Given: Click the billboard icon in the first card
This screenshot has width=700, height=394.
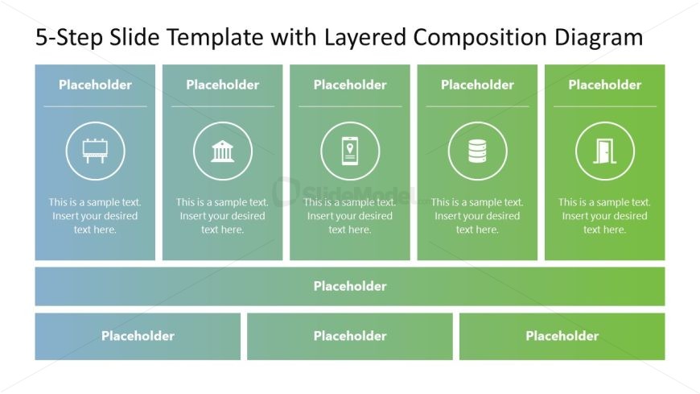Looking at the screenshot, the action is pyautogui.click(x=95, y=151).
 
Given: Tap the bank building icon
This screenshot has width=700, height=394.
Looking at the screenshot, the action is pyautogui.click(x=222, y=151).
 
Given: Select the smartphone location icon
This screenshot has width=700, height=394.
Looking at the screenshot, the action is pyautogui.click(x=350, y=151).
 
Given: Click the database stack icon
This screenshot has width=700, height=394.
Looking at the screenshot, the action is pyautogui.click(x=477, y=151).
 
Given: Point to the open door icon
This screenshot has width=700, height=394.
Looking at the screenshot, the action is pyautogui.click(x=604, y=151).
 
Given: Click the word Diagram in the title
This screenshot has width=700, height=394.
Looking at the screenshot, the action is pyautogui.click(x=599, y=37).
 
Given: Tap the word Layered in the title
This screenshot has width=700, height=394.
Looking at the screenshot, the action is pyautogui.click(x=364, y=37).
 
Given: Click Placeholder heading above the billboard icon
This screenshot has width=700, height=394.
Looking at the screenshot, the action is pyautogui.click(x=95, y=85).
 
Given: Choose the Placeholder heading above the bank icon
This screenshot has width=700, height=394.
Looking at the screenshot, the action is pyautogui.click(x=222, y=85).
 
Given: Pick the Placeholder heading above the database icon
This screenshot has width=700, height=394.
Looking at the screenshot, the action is pyautogui.click(x=477, y=85).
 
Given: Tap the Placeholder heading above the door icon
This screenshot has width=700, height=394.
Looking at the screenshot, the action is pyautogui.click(x=604, y=85).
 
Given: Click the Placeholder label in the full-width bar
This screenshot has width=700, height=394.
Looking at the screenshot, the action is pyautogui.click(x=350, y=286).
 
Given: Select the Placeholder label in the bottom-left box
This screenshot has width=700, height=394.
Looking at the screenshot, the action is pyautogui.click(x=138, y=336).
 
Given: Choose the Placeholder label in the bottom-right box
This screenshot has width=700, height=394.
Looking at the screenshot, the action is pyautogui.click(x=562, y=336).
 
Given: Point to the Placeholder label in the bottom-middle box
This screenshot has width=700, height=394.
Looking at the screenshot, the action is pyautogui.click(x=350, y=336).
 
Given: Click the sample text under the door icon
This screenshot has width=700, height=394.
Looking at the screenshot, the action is pyautogui.click(x=604, y=216).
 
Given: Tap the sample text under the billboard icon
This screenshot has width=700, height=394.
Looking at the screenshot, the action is pyautogui.click(x=95, y=216).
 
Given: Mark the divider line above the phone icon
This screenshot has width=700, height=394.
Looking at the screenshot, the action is pyautogui.click(x=350, y=106).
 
